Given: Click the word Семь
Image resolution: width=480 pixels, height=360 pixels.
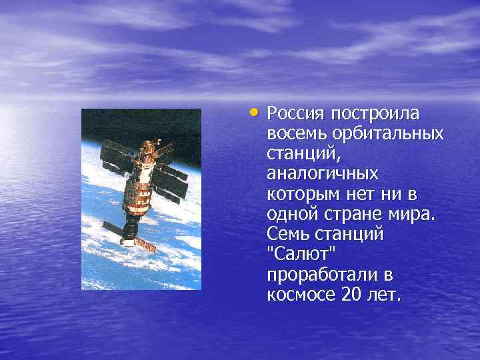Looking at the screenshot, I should [288, 235].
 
